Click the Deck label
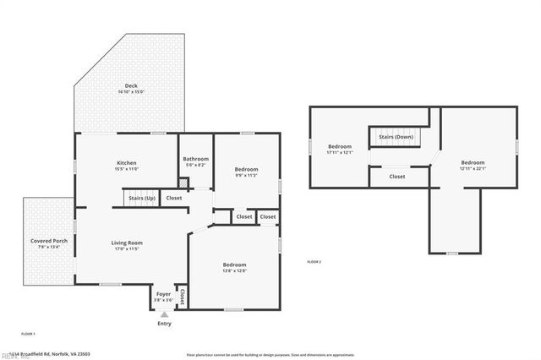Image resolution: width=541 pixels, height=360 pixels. [x=131, y=85]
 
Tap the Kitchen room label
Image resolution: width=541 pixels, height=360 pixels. [x=126, y=162]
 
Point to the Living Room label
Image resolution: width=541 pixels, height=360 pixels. [x=127, y=243]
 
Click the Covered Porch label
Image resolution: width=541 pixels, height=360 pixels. [x=48, y=241]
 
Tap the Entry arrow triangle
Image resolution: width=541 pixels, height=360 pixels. [x=164, y=314]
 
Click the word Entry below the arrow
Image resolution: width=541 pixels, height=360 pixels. [x=164, y=324]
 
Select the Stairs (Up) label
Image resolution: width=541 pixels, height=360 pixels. [x=140, y=198]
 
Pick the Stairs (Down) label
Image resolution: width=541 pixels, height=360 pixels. [x=396, y=136]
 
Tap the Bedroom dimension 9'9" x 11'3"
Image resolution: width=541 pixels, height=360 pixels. [x=246, y=175]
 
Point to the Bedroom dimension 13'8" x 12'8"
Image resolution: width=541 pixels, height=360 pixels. [x=234, y=270]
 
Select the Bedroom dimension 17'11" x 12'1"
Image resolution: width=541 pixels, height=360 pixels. [x=339, y=153]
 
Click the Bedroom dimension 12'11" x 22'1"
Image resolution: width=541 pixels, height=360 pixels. [x=473, y=168]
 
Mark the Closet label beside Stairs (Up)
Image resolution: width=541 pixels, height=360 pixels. [x=173, y=198]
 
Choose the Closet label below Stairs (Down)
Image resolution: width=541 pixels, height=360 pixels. [x=396, y=177]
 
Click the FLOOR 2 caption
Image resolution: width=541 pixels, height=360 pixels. [x=314, y=263]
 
